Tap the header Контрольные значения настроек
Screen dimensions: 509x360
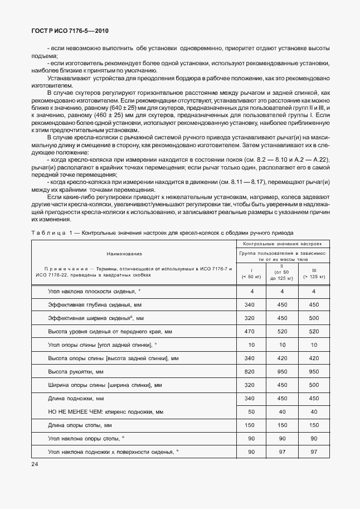[283, 244]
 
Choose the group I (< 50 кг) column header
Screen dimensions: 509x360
[252, 273]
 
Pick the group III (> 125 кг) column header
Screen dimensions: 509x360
[314, 273]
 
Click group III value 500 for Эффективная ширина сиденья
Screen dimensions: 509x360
[314, 318]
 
